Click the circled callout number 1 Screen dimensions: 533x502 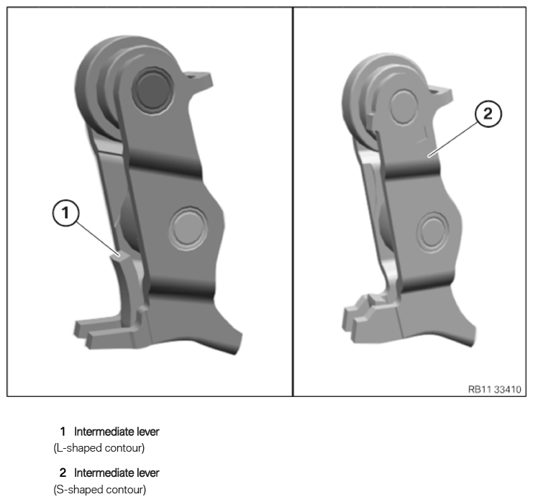65,213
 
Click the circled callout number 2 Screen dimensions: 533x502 488,114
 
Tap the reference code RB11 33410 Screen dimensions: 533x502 494,389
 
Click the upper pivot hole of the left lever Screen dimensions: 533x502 150,88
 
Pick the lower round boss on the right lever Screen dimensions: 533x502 433,232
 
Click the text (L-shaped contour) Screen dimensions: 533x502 99,448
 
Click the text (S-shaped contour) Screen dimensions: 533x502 99,490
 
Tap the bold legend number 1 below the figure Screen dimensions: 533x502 63,432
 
